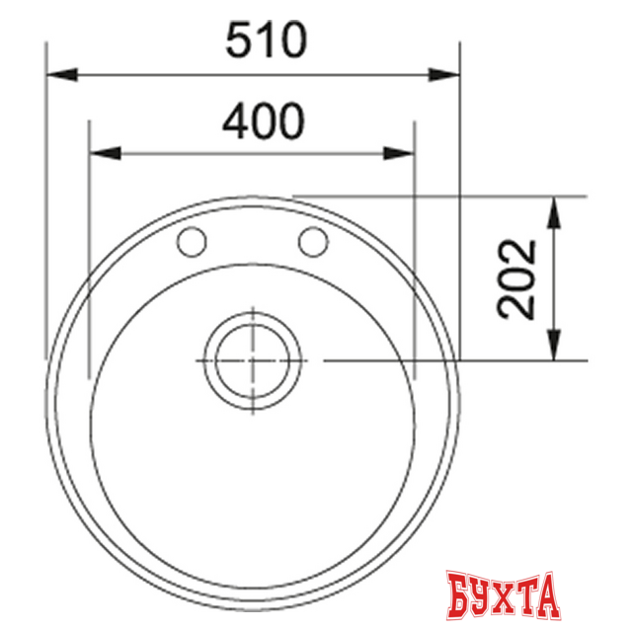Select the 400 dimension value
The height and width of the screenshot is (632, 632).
coord(262,121)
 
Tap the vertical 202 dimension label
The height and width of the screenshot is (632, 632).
coord(516,278)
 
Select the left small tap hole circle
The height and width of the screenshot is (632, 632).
coord(191,241)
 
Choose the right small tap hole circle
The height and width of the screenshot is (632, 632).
coord(313,240)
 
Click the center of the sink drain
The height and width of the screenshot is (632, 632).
coord(252,360)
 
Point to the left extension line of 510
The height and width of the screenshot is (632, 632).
coord(46,197)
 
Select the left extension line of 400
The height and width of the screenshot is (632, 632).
coord(89,247)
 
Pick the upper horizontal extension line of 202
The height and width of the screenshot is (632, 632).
coord(444,197)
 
